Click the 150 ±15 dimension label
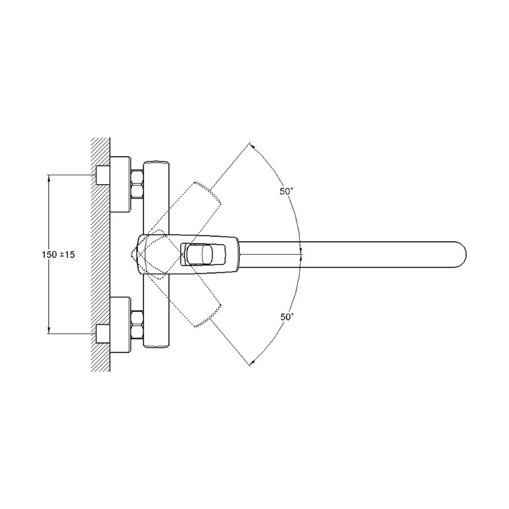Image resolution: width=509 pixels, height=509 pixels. click(x=58, y=254)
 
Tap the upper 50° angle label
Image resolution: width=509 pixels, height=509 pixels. click(x=287, y=191)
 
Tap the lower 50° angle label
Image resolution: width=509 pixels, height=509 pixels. click(x=287, y=317)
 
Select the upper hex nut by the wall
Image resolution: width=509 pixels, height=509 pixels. click(x=137, y=184)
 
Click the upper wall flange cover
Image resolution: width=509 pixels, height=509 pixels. click(x=121, y=184)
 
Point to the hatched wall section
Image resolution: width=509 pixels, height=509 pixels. click(x=100, y=254)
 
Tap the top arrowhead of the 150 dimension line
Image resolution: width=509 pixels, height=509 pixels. click(x=49, y=178)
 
